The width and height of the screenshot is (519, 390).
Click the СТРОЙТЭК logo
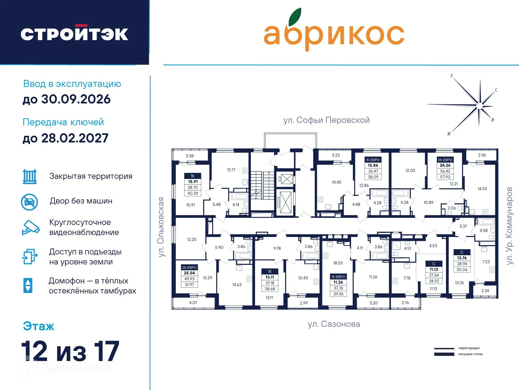click(74, 34)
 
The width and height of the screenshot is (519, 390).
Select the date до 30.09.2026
click(67, 99)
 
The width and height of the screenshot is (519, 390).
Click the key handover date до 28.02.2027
click(65, 138)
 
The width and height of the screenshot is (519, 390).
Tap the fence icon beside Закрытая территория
click(29, 177)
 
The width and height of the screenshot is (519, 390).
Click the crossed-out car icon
click(29, 202)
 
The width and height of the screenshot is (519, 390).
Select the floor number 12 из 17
click(70, 351)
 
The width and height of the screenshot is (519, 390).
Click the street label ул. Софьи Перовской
click(326, 120)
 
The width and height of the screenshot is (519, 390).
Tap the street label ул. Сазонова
click(334, 324)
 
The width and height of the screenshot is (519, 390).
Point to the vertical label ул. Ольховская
click(161, 227)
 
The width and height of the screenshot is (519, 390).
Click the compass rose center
click(479, 106)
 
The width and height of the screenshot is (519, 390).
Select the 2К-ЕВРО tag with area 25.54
click(189, 276)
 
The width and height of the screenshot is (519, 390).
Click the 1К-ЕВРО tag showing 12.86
click(373, 168)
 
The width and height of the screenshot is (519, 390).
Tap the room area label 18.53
click(338, 263)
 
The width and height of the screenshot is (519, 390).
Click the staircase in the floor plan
click(262, 185)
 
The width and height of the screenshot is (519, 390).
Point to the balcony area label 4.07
click(193, 303)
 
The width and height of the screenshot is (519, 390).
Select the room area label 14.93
click(482, 188)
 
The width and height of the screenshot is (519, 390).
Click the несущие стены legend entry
click(458, 354)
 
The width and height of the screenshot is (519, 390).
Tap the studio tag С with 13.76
click(462, 261)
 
